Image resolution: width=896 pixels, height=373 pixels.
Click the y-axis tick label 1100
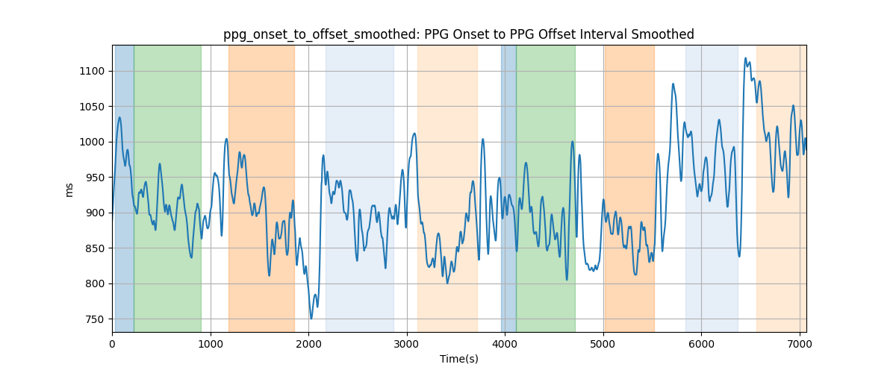(92, 71)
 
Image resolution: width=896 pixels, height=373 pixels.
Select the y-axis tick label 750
(95, 319)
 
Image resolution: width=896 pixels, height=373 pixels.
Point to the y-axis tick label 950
(95, 178)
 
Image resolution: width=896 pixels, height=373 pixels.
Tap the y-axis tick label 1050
(92, 107)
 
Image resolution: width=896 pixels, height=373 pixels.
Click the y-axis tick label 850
(95, 248)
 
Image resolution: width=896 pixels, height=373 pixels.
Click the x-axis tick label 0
(113, 344)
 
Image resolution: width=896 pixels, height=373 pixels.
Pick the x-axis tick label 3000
(407, 344)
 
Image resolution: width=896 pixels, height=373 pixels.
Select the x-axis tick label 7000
(800, 344)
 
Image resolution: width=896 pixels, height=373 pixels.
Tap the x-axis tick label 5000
(603, 344)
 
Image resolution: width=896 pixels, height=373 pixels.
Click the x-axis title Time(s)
(459, 359)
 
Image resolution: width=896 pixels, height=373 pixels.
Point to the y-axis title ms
(69, 190)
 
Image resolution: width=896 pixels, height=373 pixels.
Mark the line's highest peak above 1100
(746, 58)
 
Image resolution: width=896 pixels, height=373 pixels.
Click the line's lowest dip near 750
(311, 319)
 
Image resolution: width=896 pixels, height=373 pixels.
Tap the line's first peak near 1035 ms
(119, 117)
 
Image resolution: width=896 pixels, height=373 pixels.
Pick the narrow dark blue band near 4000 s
(508, 188)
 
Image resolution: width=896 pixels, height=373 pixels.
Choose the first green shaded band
(167, 188)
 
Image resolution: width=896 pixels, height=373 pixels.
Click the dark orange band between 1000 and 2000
(261, 188)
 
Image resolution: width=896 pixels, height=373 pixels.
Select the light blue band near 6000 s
(712, 188)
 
